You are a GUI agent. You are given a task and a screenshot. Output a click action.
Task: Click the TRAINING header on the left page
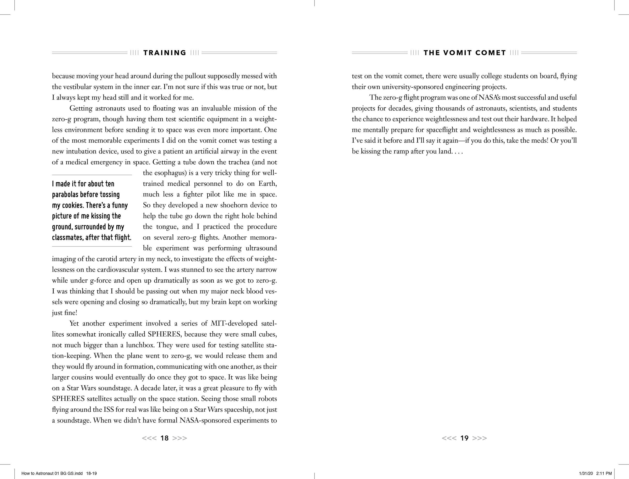tap(165, 53)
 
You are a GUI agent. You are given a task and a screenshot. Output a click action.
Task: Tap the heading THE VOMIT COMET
tap(465, 53)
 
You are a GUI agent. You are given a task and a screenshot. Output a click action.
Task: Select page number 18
tap(165, 438)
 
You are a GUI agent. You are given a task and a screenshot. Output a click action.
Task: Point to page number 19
tap(464, 438)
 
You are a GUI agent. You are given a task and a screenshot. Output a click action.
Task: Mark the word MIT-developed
tap(234, 323)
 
